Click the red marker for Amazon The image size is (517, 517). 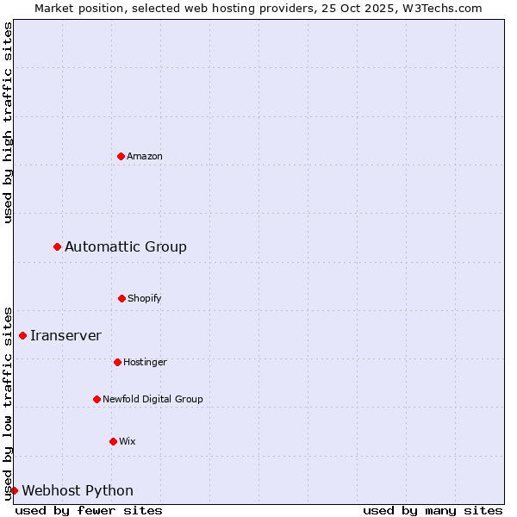click(x=121, y=156)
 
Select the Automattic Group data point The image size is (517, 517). click(x=58, y=247)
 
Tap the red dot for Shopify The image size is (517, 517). click(x=121, y=298)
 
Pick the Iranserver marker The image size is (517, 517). click(x=23, y=335)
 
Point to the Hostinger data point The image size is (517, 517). click(x=117, y=362)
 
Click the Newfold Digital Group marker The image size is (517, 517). click(x=97, y=399)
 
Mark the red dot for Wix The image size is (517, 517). click(x=113, y=441)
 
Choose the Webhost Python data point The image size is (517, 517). click(x=14, y=490)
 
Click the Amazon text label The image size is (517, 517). click(x=145, y=156)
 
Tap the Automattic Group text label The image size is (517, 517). click(x=126, y=247)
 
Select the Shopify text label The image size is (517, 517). click(x=145, y=298)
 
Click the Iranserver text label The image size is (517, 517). click(x=65, y=336)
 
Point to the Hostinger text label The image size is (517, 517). click(x=145, y=362)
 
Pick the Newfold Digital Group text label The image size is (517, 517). click(x=153, y=399)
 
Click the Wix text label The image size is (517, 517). click(x=128, y=441)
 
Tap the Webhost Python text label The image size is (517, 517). click(x=78, y=491)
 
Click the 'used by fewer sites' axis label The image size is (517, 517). click(x=89, y=510)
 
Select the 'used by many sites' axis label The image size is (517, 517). click(x=433, y=510)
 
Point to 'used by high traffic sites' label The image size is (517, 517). click(x=8, y=122)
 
